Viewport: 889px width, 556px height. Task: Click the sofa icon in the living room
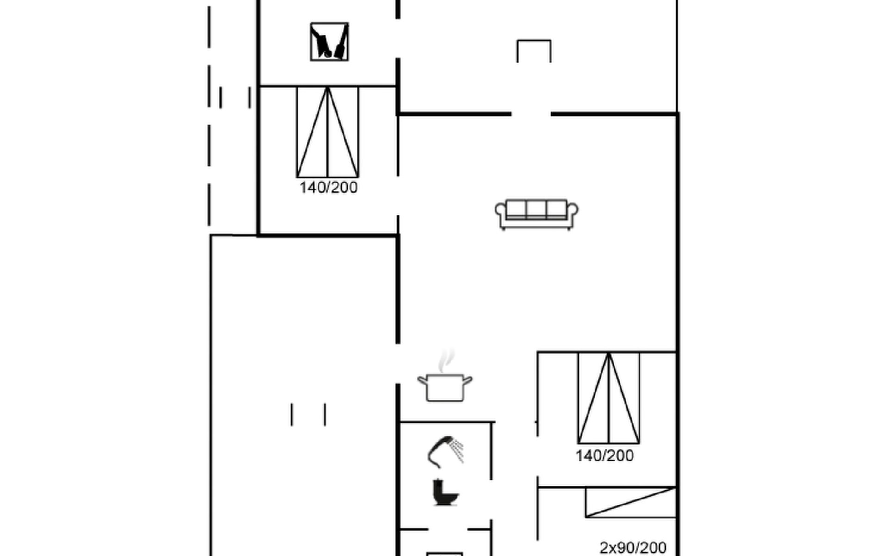[536, 215]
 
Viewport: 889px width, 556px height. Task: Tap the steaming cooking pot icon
[444, 376]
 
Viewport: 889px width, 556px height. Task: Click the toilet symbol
[445, 492]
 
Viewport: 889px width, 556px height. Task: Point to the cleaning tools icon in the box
[329, 42]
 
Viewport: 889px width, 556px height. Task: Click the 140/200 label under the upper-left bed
[328, 188]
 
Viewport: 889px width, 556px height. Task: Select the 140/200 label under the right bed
[605, 456]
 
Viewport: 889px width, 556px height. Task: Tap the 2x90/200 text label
[633, 548]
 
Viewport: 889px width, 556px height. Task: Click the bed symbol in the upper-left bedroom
[328, 132]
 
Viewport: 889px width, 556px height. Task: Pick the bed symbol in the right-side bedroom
[609, 398]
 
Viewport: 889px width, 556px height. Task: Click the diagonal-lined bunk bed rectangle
[631, 502]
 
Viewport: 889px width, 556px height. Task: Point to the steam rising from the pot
[446, 360]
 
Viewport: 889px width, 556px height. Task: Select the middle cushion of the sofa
[536, 209]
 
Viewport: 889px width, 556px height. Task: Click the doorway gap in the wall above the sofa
[531, 114]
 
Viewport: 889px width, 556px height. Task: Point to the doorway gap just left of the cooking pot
[398, 364]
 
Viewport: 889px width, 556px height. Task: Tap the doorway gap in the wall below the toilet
[448, 529]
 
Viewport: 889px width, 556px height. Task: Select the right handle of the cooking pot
[468, 381]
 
